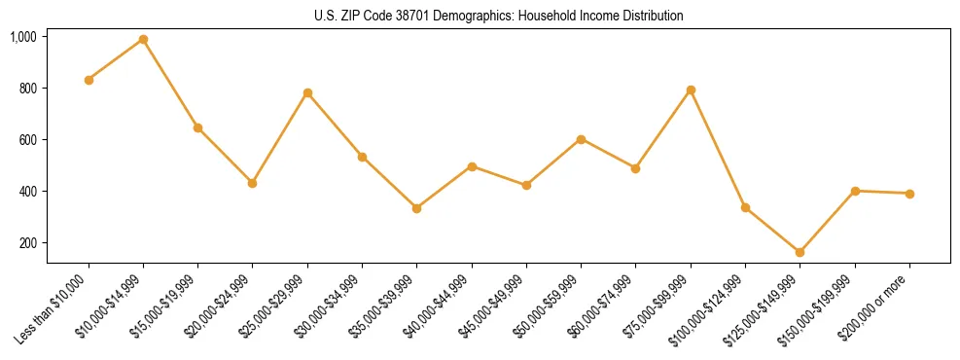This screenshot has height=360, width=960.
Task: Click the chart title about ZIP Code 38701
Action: [x=498, y=17]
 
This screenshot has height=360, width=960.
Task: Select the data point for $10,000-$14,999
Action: [x=143, y=39]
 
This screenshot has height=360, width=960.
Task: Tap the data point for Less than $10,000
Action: [x=89, y=80]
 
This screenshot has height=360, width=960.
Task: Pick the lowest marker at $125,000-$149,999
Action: [x=800, y=252]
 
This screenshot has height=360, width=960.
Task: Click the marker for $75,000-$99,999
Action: [x=691, y=90]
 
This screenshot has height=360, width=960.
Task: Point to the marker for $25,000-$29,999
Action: [x=307, y=92]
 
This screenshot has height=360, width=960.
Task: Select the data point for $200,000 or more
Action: [x=909, y=194]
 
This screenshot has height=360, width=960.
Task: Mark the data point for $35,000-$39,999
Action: [x=416, y=208]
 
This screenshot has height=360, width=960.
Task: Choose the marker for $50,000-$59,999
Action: [x=581, y=139]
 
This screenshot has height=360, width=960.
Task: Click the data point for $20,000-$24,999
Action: [x=253, y=183]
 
